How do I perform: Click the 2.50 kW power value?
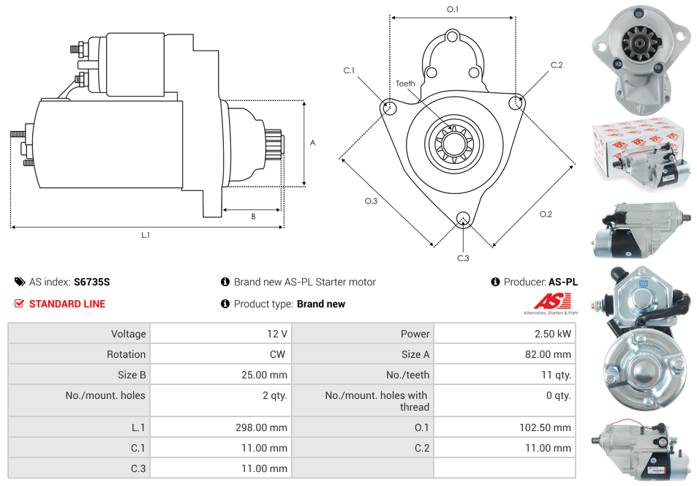coord(555,334)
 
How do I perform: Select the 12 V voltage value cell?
coord(276,334)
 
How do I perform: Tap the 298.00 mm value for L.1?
coord(263,427)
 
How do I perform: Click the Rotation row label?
coord(126,354)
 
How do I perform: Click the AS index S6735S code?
coord(91,282)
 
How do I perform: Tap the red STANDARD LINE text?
coord(67,304)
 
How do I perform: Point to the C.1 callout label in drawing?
coord(349,70)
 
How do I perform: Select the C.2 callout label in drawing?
coord(557,65)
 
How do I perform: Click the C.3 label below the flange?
coord(463,258)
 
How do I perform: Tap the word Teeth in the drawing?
coord(405,83)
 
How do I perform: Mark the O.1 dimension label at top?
coord(453,9)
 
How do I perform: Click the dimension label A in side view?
coord(312,143)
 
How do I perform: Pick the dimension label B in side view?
coord(253,216)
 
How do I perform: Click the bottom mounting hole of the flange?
coord(462,219)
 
